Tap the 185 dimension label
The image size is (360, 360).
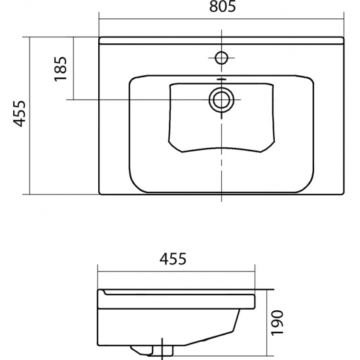pos(60,69)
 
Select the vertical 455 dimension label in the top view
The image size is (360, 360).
pos(19,114)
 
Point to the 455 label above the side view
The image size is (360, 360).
pos(173,259)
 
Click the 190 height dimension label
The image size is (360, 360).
pos(278,323)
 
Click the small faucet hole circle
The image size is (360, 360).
pos(221,58)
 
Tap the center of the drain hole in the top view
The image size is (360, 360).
pos(221,100)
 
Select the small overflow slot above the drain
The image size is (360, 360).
pos(221,79)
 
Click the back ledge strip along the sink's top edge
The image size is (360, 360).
pos(221,41)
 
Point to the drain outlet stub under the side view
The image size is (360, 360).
pos(152,351)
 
